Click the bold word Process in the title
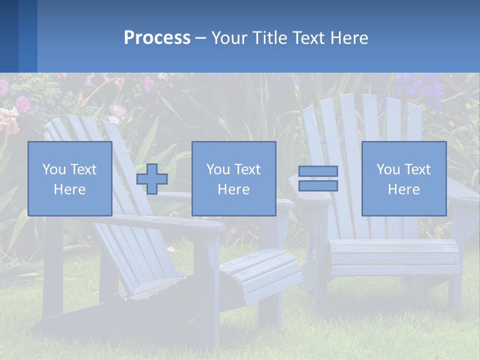point(157,37)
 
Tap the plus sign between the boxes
point(152,179)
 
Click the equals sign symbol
point(318,178)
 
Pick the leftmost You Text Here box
point(70,178)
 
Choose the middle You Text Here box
point(233,178)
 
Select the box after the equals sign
point(403,178)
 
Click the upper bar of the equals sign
point(318,171)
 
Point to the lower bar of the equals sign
point(318,185)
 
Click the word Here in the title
point(349,37)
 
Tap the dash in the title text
point(200,38)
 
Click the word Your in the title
point(228,37)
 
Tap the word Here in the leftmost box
point(70,189)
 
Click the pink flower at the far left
point(22,103)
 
